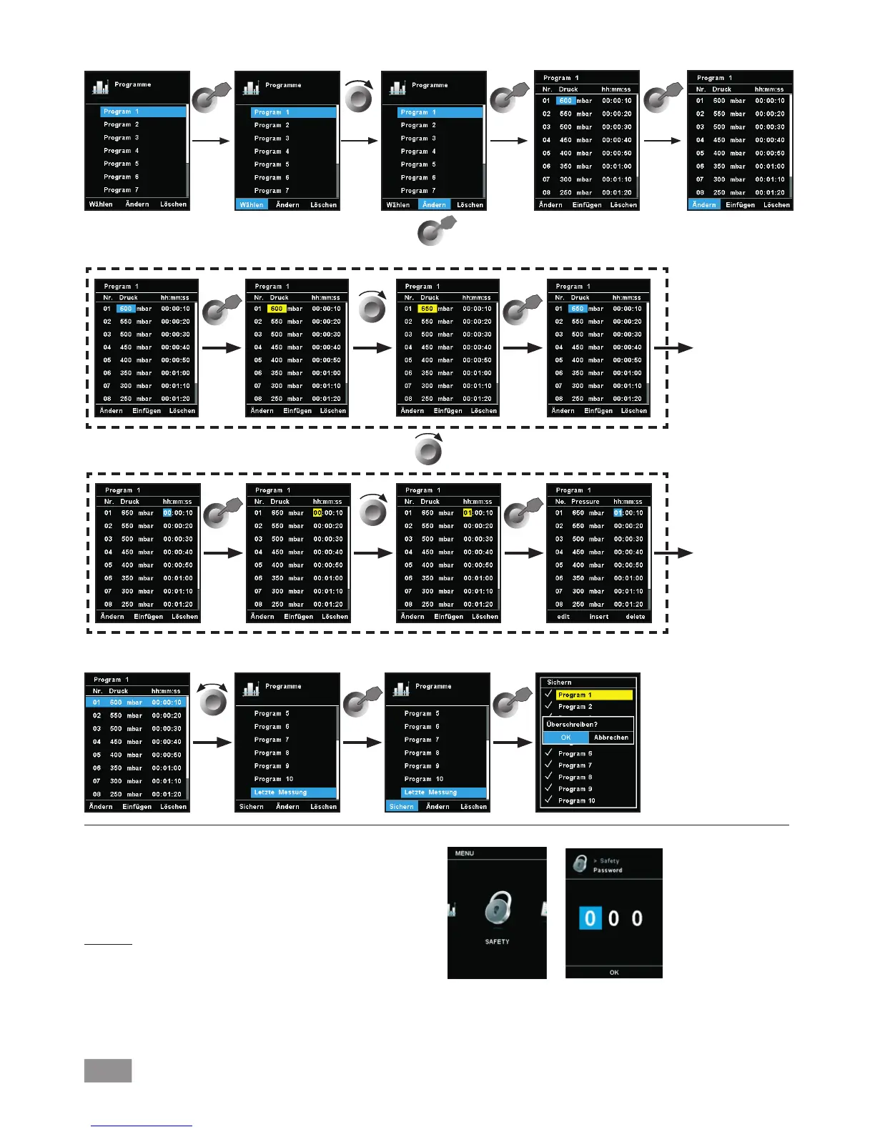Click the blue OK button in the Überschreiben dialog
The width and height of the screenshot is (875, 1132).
click(x=565, y=738)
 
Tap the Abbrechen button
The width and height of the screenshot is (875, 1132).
click(x=611, y=738)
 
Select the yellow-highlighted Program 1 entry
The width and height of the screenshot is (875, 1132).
click(x=594, y=695)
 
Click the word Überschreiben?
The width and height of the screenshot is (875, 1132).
click(x=572, y=725)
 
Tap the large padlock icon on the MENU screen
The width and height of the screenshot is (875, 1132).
click(x=498, y=908)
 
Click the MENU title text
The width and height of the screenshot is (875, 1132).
click(x=465, y=853)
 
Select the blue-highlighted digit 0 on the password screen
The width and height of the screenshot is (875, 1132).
click(x=590, y=918)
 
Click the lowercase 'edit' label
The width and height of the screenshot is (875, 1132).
click(x=563, y=617)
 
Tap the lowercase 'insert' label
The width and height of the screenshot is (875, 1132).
click(x=599, y=617)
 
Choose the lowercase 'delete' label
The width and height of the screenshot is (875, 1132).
click(x=636, y=617)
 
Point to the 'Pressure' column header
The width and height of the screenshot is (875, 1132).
click(x=585, y=502)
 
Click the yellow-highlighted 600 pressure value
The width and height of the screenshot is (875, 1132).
click(x=276, y=309)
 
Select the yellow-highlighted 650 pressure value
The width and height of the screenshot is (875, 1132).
click(x=427, y=309)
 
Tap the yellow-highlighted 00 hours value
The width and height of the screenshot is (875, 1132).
click(x=317, y=513)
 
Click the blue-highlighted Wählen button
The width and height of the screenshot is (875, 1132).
click(x=252, y=205)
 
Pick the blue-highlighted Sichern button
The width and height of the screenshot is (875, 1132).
click(x=402, y=807)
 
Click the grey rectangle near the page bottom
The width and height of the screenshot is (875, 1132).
click(x=108, y=1071)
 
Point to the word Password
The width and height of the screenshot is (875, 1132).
click(x=608, y=870)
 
